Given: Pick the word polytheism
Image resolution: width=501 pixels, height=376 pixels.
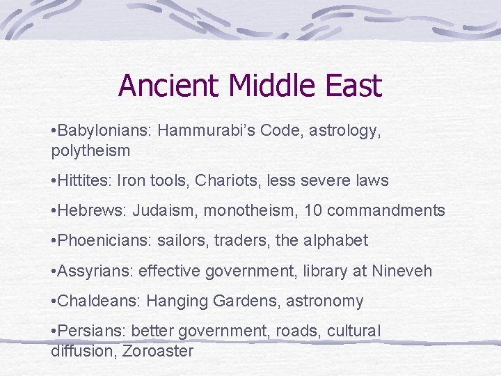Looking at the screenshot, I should pos(90,150).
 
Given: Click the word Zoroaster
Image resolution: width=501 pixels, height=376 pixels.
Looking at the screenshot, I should pos(157,350).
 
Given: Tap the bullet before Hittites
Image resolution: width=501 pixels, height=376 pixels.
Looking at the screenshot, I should pos(54,181).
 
